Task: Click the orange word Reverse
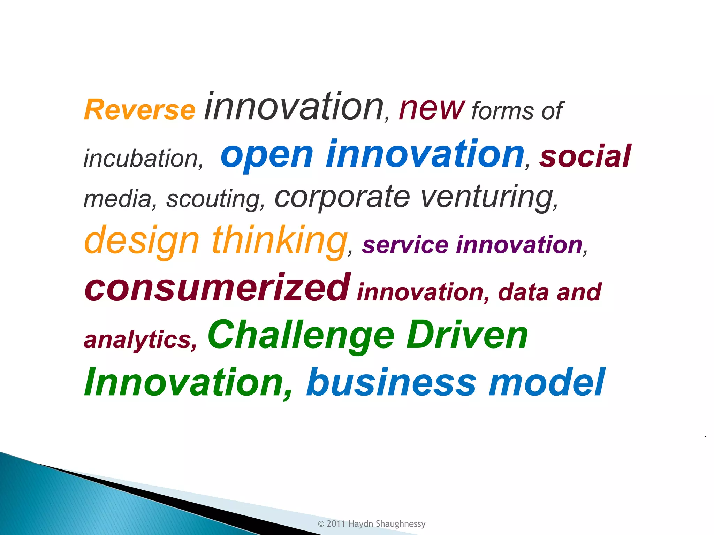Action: pyautogui.click(x=139, y=110)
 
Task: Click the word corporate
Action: pyautogui.click(x=342, y=197)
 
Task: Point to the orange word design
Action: pyautogui.click(x=142, y=240)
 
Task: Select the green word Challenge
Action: pyautogui.click(x=301, y=335)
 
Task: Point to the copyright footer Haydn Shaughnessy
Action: pyautogui.click(x=387, y=524)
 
